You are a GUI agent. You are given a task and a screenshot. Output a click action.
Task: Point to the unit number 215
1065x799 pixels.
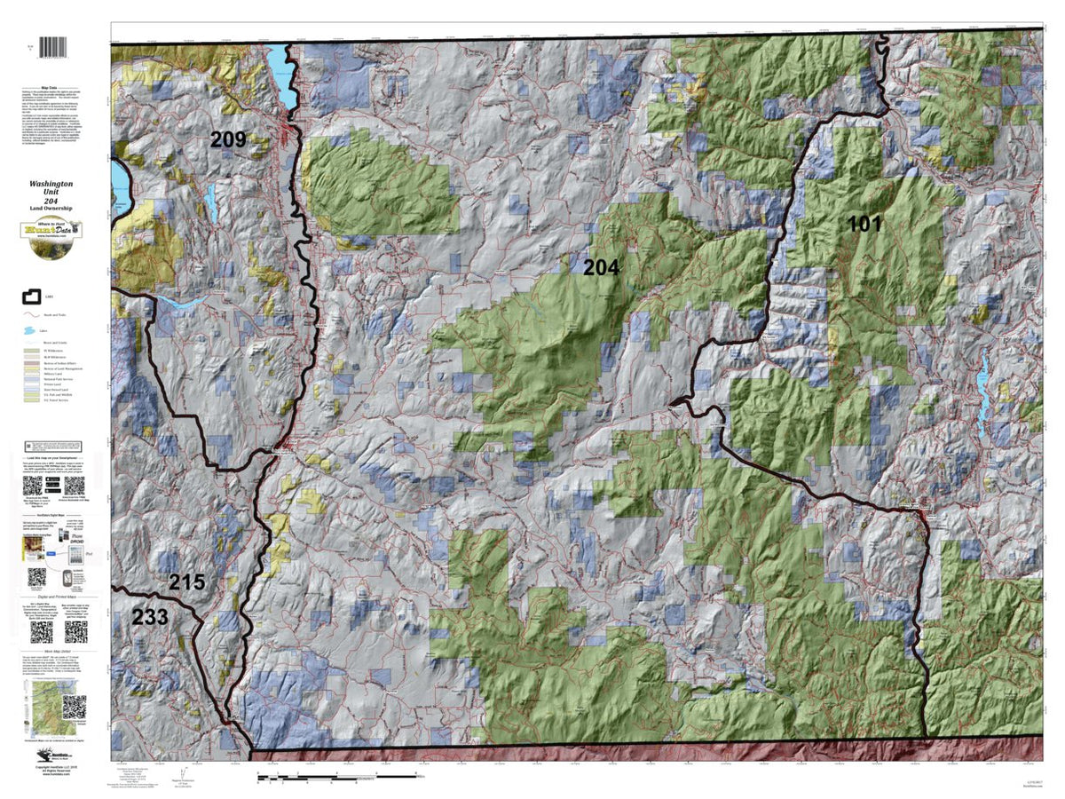(x=187, y=583)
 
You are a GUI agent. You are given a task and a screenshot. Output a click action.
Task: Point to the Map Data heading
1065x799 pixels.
(x=54, y=88)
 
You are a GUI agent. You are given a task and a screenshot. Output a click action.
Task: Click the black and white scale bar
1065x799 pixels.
(x=337, y=777)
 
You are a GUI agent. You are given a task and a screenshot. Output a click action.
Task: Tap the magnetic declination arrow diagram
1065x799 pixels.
(x=181, y=772)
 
